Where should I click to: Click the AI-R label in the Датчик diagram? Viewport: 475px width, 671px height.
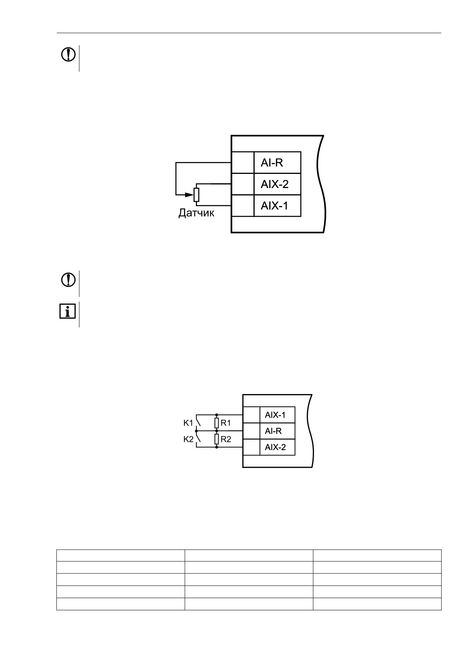[x=271, y=163]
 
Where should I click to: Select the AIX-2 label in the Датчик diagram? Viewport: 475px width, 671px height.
[x=274, y=184]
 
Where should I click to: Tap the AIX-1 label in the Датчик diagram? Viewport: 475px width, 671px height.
[x=274, y=206]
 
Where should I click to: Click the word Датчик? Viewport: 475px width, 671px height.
[x=196, y=213]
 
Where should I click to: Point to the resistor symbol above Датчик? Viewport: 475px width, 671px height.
[x=197, y=195]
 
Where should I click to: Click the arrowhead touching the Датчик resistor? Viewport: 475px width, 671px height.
[x=189, y=195]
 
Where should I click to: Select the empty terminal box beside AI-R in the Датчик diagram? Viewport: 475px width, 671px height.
[x=243, y=162]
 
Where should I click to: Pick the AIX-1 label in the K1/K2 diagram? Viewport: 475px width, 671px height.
[x=275, y=415]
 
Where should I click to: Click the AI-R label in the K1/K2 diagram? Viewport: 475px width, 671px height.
[x=273, y=431]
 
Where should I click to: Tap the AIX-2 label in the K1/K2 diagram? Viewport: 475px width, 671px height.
[x=275, y=447]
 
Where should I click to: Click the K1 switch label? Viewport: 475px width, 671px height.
[x=188, y=423]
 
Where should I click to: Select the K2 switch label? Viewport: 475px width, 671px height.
[x=188, y=439]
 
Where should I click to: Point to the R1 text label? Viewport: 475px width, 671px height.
[x=226, y=423]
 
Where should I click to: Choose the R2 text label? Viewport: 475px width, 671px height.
[x=226, y=439]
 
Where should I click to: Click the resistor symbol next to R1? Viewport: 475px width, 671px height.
[x=217, y=423]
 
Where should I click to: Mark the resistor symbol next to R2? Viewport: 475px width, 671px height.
[x=217, y=439]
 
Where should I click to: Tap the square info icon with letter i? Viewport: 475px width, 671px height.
[x=67, y=312]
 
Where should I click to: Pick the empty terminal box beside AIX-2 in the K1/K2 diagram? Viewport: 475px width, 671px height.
[x=251, y=447]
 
